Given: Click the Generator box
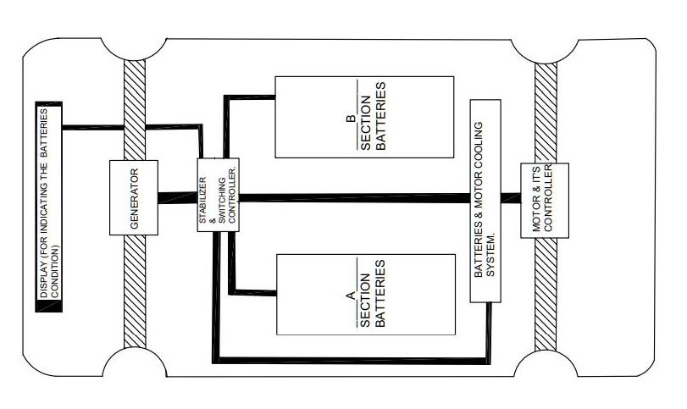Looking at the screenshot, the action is tap(135, 197).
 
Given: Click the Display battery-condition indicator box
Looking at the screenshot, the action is tap(49, 207).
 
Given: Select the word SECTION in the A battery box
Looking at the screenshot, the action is tap(365, 293).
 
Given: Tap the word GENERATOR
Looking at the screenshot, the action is tap(135, 197).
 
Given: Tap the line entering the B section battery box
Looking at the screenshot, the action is tap(250, 97).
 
